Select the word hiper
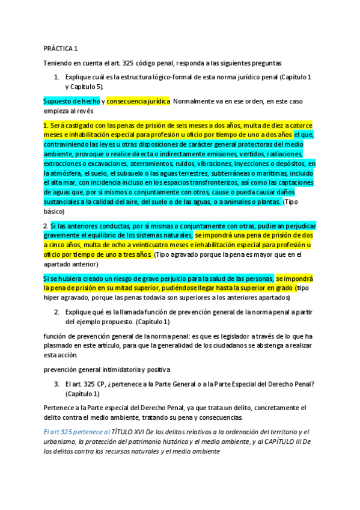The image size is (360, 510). (52, 298)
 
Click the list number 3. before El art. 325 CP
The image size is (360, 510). (56, 384)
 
